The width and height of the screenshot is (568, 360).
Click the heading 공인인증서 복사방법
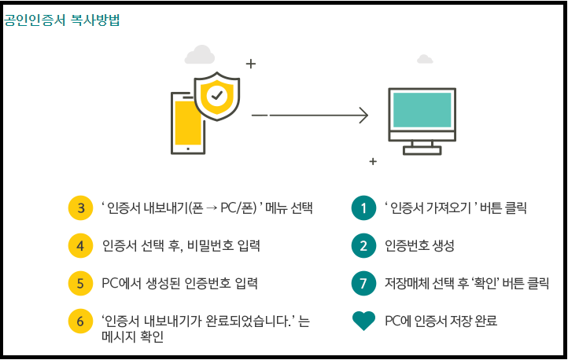pyautogui.click(x=61, y=20)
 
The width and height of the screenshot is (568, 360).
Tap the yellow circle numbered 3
pyautogui.click(x=81, y=208)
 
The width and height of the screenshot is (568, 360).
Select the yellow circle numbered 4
pyautogui.click(x=81, y=245)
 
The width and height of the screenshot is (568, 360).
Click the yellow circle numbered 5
pyautogui.click(x=81, y=282)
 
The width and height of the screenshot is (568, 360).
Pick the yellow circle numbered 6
pyautogui.click(x=81, y=320)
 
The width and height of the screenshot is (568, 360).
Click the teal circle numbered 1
pyautogui.click(x=363, y=208)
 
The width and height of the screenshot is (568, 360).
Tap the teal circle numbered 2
pyautogui.click(x=363, y=245)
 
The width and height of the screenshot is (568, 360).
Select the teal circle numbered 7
pyautogui.click(x=363, y=282)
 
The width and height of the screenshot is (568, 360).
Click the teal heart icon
pyautogui.click(x=363, y=321)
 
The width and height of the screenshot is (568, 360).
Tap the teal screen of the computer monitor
pyautogui.click(x=422, y=111)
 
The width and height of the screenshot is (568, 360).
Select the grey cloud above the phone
pyautogui.click(x=200, y=55)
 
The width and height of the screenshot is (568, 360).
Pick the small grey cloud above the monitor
pyautogui.click(x=425, y=59)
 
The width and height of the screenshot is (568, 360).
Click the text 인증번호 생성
pyautogui.click(x=419, y=246)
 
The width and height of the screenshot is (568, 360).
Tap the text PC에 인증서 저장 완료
pyautogui.click(x=441, y=321)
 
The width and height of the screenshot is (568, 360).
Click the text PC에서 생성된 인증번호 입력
pyautogui.click(x=180, y=283)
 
